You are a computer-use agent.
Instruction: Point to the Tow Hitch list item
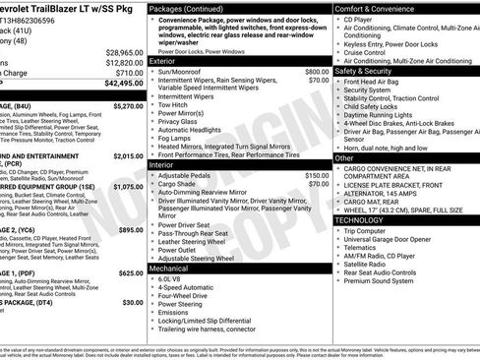coord(175,105)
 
